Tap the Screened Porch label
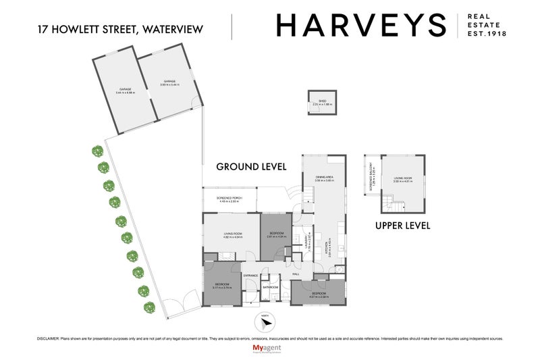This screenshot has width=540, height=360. click(229, 199)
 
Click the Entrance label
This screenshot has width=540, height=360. click(251, 276)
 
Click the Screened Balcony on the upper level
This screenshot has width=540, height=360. click(374, 179)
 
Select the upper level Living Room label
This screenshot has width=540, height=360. click(403, 179)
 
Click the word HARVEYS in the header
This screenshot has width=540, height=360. click(361, 26)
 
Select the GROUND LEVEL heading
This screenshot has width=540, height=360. click(251, 166)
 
